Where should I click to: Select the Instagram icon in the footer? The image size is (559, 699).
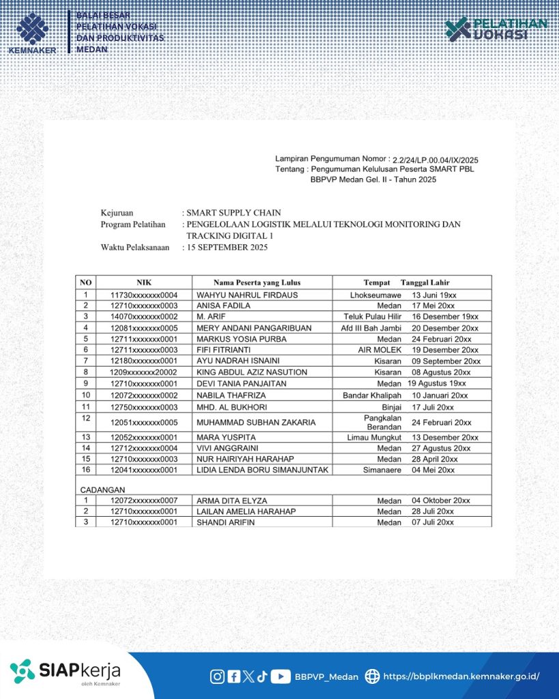click(x=217, y=676)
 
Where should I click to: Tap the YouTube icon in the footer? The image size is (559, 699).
click(x=281, y=676)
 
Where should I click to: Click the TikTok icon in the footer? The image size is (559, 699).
click(x=262, y=676)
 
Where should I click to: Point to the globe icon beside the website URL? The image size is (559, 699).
click(x=372, y=676)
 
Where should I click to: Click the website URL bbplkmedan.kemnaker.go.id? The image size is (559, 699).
click(x=461, y=676)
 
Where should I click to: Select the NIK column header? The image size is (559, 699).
click(x=143, y=282)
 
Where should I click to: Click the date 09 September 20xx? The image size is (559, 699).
click(x=446, y=361)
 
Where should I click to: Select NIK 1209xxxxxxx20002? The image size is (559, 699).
click(x=144, y=372)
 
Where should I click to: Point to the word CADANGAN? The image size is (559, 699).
click(x=103, y=489)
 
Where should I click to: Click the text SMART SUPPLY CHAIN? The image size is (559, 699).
click(x=234, y=213)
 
